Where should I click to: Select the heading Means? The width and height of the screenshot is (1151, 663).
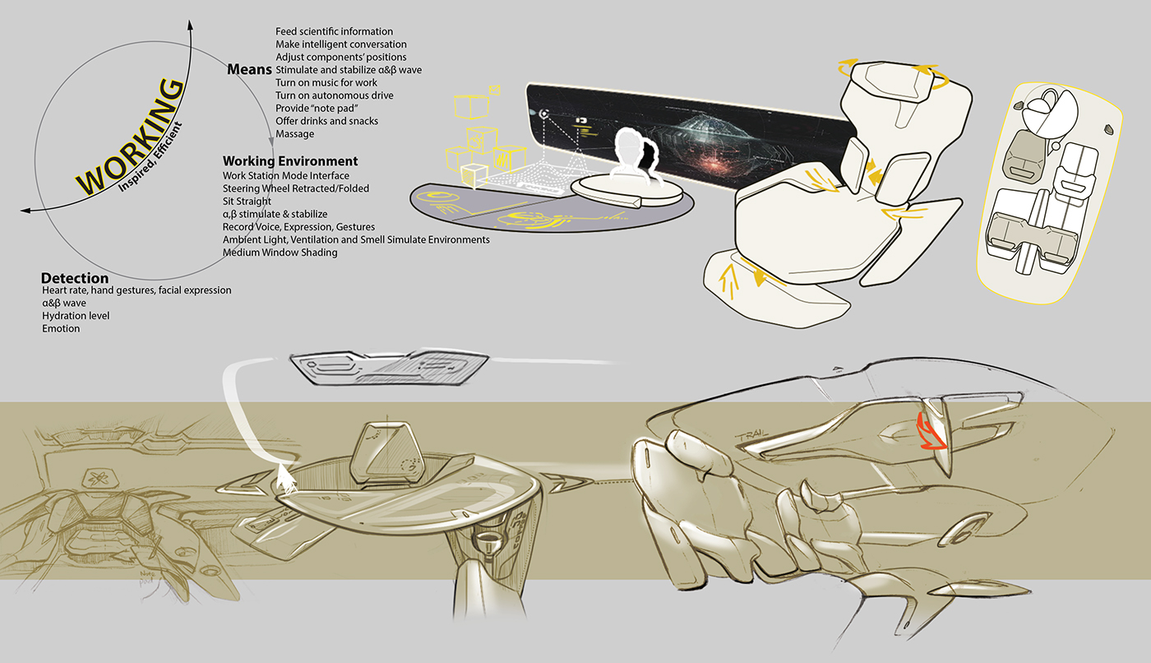tap(249, 71)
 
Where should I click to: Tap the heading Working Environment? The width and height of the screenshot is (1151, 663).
tap(290, 161)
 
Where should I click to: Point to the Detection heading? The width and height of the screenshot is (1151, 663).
tap(75, 278)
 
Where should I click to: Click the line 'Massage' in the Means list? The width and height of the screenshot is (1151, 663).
tap(294, 134)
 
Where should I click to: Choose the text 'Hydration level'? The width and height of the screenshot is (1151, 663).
tap(76, 316)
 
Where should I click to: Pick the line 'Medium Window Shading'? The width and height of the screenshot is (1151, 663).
tap(280, 253)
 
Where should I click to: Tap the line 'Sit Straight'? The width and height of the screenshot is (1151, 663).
tap(247, 202)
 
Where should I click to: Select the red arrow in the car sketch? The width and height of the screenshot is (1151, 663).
tap(930, 433)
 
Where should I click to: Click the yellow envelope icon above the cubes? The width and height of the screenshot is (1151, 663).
tap(493, 89)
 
